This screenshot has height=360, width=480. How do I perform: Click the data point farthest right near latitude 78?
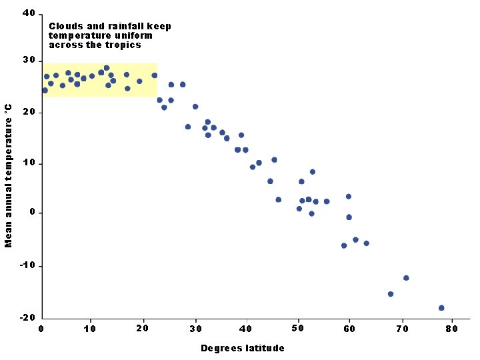coord(441,308)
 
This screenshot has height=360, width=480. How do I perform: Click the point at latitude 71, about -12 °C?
coord(406,278)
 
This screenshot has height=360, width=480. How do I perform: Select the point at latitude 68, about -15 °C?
coord(391,294)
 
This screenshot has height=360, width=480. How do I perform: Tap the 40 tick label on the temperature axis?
coord(29,13)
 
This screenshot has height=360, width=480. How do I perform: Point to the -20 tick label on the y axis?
coord(27,318)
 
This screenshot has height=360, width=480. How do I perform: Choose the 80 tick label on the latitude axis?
coord(451,328)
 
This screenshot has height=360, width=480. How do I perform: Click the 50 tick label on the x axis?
coord(297,328)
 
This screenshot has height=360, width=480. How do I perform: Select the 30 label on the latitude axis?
coord(195,328)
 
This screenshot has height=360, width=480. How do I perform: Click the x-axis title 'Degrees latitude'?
coord(243,348)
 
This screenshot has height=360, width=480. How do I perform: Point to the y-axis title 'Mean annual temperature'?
coord(9,175)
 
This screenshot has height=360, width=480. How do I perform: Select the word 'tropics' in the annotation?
coord(125,45)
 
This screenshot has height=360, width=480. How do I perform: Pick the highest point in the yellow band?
coord(107,68)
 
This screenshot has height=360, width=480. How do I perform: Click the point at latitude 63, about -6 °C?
coord(366,243)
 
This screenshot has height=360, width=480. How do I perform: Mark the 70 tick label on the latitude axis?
coord(402,328)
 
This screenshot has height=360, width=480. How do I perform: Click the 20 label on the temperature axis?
coord(29,113)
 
